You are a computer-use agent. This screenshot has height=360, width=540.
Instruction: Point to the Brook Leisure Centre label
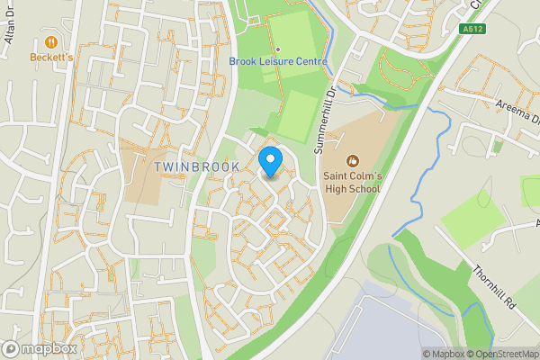(278, 62)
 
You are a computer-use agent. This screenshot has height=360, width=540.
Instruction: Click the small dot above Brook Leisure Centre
(278, 49)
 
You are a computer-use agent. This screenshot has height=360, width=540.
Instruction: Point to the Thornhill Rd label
(496, 287)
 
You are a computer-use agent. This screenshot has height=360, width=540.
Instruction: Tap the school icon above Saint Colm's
(353, 160)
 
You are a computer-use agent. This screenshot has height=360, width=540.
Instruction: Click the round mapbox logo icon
(11, 348)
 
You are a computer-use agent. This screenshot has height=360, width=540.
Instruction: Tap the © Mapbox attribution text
(444, 354)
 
